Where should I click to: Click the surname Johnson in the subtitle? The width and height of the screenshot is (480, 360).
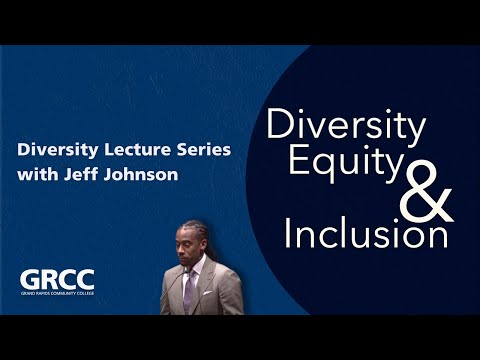point(141,174)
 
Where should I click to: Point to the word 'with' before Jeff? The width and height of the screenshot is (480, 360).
point(38,174)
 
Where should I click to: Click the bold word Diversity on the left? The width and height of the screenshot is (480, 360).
point(58,150)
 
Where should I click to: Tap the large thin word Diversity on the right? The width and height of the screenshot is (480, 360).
point(346,125)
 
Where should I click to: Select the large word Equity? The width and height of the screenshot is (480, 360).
point(346,162)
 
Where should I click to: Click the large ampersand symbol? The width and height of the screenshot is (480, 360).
point(426,192)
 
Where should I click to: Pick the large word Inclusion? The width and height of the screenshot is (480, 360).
point(366,232)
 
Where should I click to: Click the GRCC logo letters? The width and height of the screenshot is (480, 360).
point(57,280)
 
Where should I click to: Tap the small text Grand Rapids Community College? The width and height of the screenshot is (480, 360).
point(57,294)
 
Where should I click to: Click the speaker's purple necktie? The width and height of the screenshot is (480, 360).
point(189,291)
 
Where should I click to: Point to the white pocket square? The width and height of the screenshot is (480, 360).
point(207,293)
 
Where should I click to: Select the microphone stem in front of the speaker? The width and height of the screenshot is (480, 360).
point(173,289)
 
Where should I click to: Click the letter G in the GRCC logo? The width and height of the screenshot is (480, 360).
point(29,280)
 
